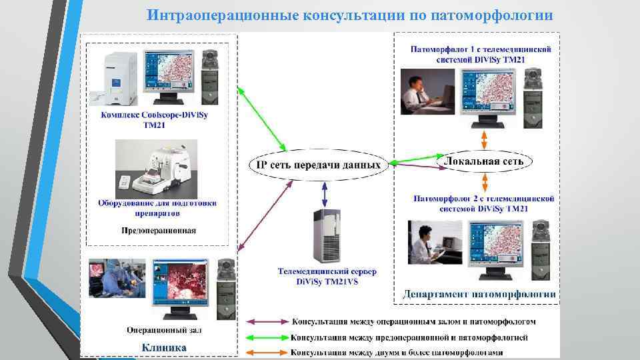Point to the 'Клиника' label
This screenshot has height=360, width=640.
pyautogui.click(x=164, y=347)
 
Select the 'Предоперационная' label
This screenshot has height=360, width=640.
pyautogui.click(x=159, y=231)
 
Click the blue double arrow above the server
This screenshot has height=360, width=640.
pyautogui.click(x=325, y=195)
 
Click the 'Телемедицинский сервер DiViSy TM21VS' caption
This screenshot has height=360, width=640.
pyautogui.click(x=327, y=277)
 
